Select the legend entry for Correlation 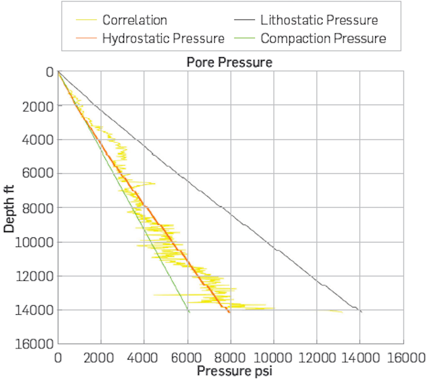pyautogui.click(x=135, y=20)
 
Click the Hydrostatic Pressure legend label pyautogui.click(x=164, y=38)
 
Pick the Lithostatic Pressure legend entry pyautogui.click(x=319, y=20)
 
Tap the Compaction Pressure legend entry pyautogui.click(x=323, y=38)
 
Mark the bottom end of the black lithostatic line pyautogui.click(x=361, y=312)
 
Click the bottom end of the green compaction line pyautogui.click(x=189, y=312)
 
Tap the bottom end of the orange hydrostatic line pyautogui.click(x=229, y=312)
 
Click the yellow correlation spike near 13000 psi pyautogui.click(x=338, y=311)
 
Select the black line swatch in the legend pyautogui.click(x=246, y=20)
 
